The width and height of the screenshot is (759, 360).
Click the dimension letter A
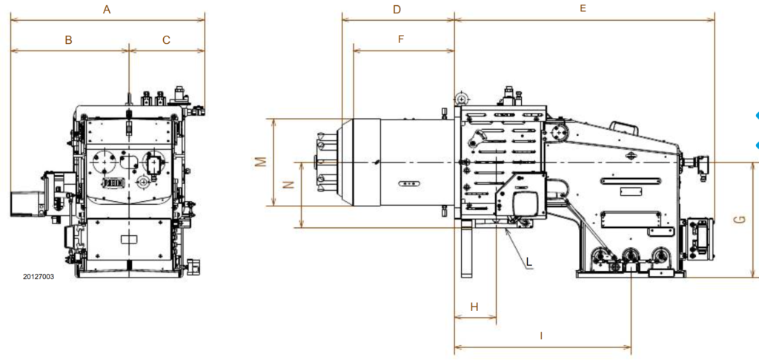point(107,10)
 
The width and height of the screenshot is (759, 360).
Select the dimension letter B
point(68,40)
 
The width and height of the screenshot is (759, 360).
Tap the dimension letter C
point(166,40)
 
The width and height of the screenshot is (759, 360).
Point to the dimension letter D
point(397,10)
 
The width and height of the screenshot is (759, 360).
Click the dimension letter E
point(583,9)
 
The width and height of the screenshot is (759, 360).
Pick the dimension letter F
point(401,39)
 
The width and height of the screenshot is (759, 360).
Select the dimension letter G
point(738,220)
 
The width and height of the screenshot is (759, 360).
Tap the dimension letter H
point(474,307)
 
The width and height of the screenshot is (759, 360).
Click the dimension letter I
point(541,336)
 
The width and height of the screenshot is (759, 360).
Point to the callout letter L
point(528,263)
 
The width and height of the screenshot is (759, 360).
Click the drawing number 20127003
point(39,276)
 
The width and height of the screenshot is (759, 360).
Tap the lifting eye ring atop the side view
point(462,99)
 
